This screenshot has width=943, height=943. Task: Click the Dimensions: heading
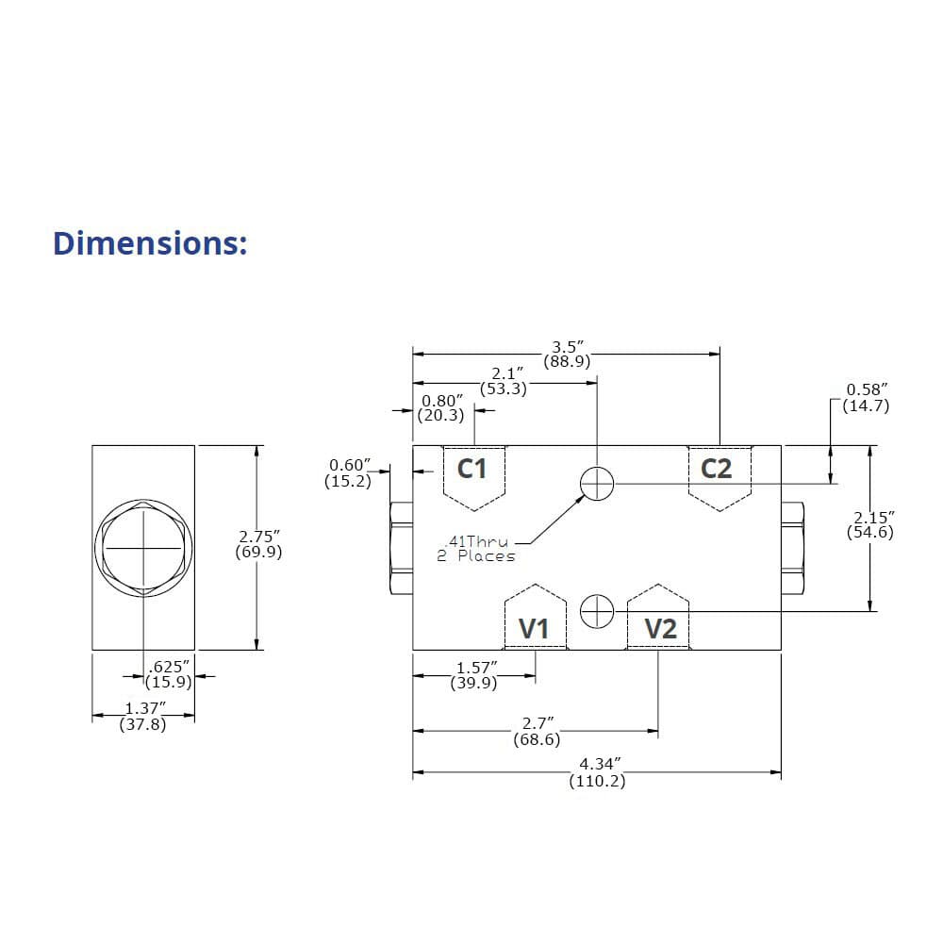click(150, 242)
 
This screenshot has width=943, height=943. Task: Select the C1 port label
click(472, 468)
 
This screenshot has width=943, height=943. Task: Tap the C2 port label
click(717, 468)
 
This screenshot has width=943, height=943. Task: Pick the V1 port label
click(535, 628)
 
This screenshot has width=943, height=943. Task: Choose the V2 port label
click(660, 628)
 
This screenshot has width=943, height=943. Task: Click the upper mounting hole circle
click(597, 484)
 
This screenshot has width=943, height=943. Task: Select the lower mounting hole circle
click(597, 612)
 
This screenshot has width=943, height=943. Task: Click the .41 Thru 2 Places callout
click(476, 549)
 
